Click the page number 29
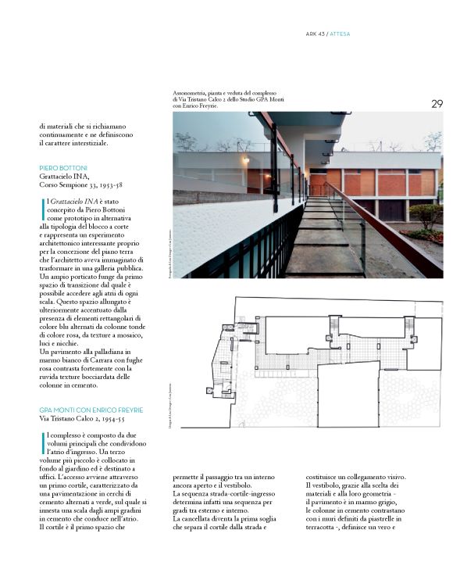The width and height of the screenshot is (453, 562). coord(437,103)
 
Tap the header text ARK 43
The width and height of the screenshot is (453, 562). coord(318,34)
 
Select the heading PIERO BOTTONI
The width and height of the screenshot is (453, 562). coord(65,168)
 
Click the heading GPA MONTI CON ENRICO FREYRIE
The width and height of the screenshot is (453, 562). coord(91,410)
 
